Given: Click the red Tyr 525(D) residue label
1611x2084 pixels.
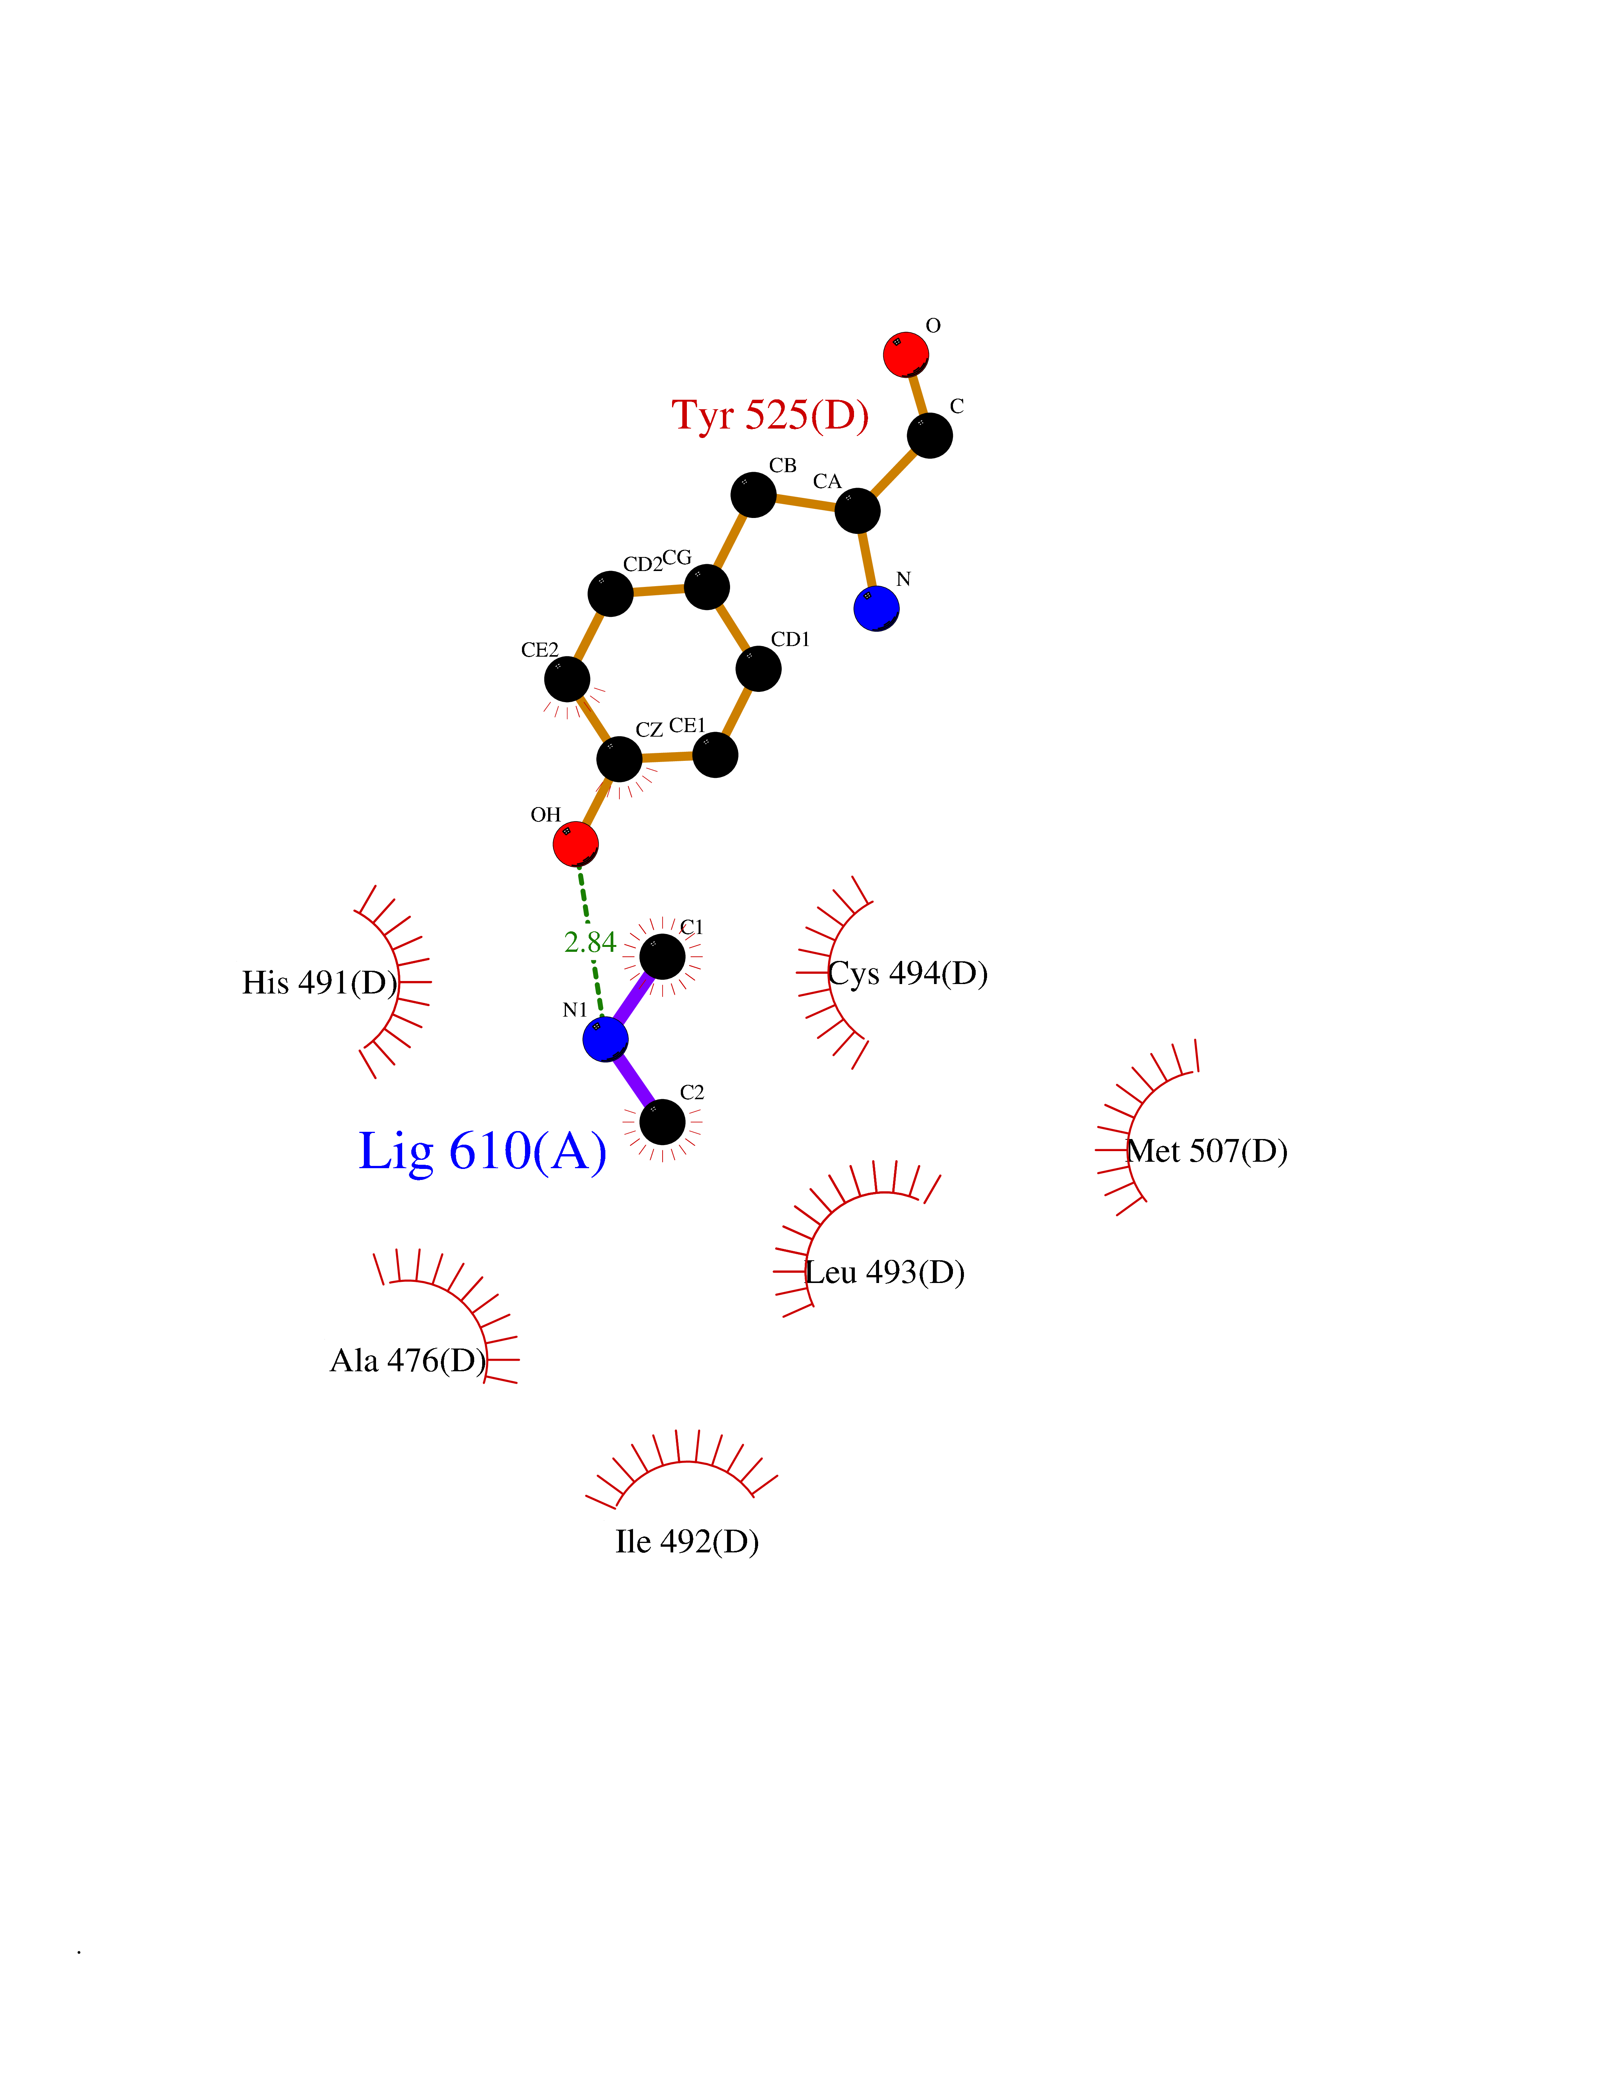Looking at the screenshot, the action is [x=770, y=416].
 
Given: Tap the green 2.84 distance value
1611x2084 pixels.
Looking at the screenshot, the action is [x=590, y=943].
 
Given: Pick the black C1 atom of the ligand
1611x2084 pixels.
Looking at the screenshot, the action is [x=662, y=956].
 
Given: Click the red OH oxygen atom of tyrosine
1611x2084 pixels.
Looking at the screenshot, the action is [x=575, y=845].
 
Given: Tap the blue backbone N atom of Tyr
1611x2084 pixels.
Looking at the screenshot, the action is [x=876, y=609].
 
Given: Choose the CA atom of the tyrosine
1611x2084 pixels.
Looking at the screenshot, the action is [x=857, y=510].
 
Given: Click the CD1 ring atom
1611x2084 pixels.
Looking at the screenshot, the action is [x=759, y=668].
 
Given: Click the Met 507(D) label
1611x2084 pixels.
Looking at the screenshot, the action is [x=1207, y=1151].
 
